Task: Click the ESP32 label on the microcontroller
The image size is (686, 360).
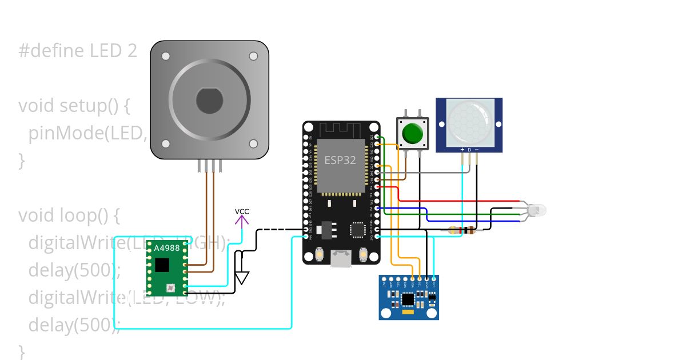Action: pyautogui.click(x=340, y=160)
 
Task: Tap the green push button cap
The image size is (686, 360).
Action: pyautogui.click(x=412, y=133)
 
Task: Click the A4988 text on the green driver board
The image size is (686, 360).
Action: pyautogui.click(x=166, y=248)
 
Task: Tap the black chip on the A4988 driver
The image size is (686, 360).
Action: pyautogui.click(x=162, y=265)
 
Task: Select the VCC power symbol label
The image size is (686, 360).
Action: pyautogui.click(x=242, y=212)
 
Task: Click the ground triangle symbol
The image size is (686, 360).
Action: pyautogui.click(x=242, y=278)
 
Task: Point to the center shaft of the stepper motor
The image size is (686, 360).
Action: pyautogui.click(x=209, y=101)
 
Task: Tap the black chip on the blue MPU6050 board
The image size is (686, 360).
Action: pyautogui.click(x=408, y=299)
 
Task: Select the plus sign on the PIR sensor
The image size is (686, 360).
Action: pyautogui.click(x=462, y=150)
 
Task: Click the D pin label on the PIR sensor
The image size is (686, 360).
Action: pyautogui.click(x=469, y=150)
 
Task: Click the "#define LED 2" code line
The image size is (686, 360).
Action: pyautogui.click(x=78, y=51)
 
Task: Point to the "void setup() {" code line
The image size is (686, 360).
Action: pyautogui.click(x=75, y=106)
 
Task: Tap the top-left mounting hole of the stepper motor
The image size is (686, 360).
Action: pyautogui.click(x=166, y=57)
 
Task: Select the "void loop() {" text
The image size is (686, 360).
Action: pyautogui.click(x=69, y=215)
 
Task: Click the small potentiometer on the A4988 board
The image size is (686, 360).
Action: pyautogui.click(x=170, y=287)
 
